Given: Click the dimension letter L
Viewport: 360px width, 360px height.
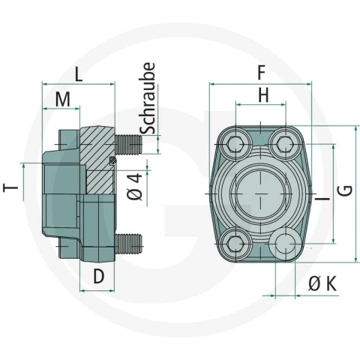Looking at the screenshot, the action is coord(79,74).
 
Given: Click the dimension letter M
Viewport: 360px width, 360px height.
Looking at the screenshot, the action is coord(63,100).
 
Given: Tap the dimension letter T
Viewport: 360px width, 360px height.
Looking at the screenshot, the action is coord(10,187).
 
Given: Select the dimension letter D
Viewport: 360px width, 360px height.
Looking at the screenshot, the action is coord(98,276).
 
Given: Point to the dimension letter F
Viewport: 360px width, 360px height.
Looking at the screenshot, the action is coord(261,73).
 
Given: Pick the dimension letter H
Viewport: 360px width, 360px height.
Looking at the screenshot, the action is coord(263,95).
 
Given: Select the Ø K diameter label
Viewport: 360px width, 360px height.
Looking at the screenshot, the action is coord(322,283).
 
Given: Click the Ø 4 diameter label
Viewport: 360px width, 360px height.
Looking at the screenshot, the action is coord(134,187).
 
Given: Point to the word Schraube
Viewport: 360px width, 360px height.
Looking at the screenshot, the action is coord(147,98).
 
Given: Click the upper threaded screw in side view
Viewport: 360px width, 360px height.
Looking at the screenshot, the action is coord(129,145).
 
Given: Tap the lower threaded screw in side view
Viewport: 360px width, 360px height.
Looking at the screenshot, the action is coord(129,244).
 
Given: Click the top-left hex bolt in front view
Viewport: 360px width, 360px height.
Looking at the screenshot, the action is coord(235,144).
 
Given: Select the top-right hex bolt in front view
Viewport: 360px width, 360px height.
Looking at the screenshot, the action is coord(285,144).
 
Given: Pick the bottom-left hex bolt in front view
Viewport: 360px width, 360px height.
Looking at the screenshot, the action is coord(235,244).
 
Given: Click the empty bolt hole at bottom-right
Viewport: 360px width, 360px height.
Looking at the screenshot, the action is coord(285,244).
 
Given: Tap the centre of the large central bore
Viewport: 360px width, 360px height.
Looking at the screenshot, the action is coord(260,193).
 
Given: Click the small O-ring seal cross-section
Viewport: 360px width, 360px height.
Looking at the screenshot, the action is coord(113,160).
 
